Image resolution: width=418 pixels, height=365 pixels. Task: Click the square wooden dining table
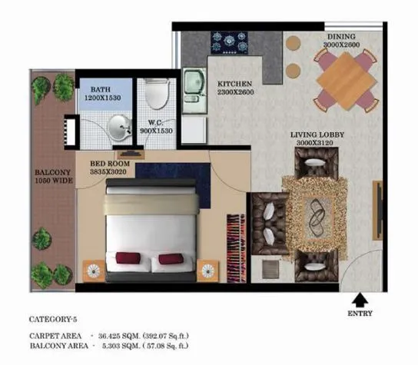[x=346, y=80]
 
